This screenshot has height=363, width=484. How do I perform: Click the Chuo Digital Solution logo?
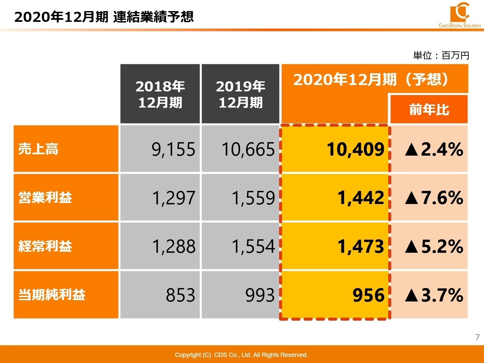(x=459, y=15)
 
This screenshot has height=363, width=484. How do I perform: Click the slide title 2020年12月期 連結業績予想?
(x=104, y=17)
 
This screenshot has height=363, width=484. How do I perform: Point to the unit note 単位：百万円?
(x=441, y=55)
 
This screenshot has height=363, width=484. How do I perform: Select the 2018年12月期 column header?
(x=160, y=94)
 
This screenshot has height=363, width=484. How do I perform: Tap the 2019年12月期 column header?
(x=240, y=94)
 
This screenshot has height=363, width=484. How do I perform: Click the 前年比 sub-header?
(x=429, y=110)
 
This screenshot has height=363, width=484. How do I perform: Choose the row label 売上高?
(x=38, y=149)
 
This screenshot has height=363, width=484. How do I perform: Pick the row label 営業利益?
(x=45, y=198)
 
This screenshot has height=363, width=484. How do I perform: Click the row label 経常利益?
(x=45, y=246)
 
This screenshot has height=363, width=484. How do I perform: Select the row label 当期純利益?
(x=52, y=295)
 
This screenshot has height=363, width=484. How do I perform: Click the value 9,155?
(x=173, y=150)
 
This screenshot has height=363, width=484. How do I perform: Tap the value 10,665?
(x=248, y=150)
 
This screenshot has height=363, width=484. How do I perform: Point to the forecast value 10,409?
(x=355, y=150)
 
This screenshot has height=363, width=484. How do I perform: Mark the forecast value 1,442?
(x=361, y=198)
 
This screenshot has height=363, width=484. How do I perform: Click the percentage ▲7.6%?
(x=434, y=198)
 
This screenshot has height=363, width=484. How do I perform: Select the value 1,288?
(x=173, y=247)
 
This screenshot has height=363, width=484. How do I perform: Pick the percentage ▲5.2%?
(x=434, y=247)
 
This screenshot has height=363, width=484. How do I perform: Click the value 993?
(x=260, y=295)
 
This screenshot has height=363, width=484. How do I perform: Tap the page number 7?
(x=477, y=337)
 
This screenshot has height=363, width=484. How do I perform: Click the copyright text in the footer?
(x=241, y=355)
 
